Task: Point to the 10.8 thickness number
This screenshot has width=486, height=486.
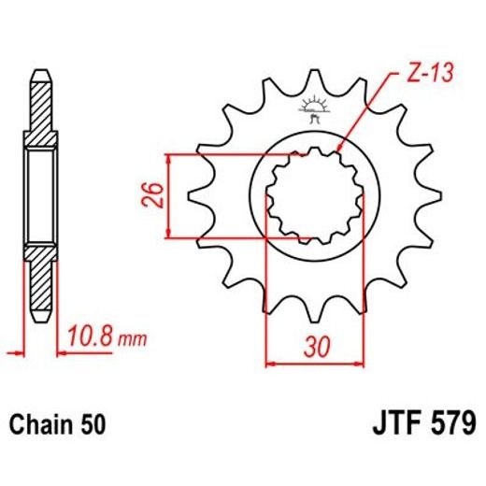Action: [x=92, y=335]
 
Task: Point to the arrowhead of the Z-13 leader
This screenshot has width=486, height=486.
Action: [x=340, y=148]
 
